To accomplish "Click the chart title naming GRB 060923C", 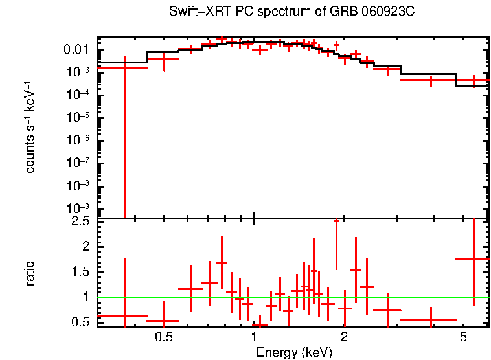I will click(293, 12).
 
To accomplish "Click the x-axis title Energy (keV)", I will click(293, 352).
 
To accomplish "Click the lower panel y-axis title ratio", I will click(30, 273).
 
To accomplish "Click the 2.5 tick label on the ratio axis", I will click(81, 221).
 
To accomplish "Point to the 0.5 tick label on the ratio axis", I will click(81, 322).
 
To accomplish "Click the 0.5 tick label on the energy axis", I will click(164, 337).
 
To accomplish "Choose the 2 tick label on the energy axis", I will click(344, 337).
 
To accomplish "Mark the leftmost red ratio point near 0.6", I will click(124, 316).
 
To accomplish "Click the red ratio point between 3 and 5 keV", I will click(431, 320).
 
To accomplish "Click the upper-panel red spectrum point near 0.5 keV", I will click(165, 59).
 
